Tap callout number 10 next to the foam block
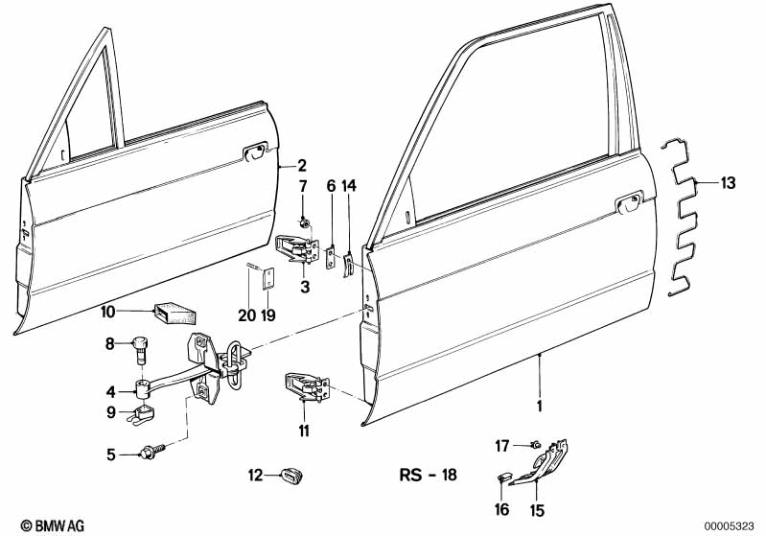tap(108, 311)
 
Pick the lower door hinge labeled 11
tap(305, 390)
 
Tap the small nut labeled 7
tap(304, 223)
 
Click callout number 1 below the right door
tap(540, 406)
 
